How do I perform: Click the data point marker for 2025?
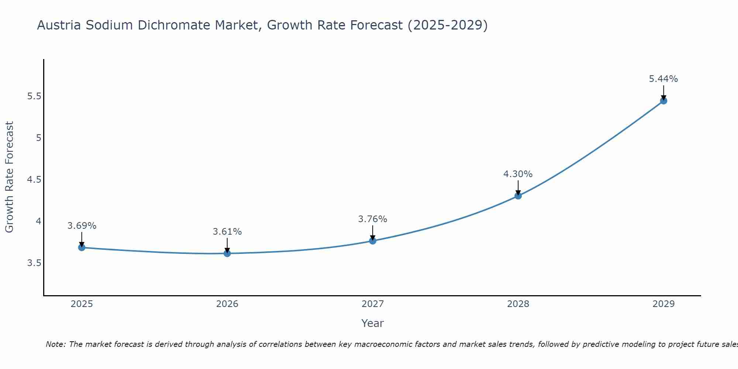coord(82,247)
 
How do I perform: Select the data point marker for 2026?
coord(227,253)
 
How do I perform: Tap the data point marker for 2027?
coord(373,241)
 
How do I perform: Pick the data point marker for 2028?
coord(518,196)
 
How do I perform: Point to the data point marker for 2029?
coord(663,101)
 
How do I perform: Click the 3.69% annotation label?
coord(82,226)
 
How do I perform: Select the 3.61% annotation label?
coord(227,232)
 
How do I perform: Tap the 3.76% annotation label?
coord(373,219)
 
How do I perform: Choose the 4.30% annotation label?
coord(518,174)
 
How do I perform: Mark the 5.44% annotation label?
coord(663,79)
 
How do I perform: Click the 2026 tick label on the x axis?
coord(227,304)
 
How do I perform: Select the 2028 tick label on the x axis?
coord(518,304)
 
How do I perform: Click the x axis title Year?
coord(373,323)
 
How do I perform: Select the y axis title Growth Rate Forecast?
coord(10,177)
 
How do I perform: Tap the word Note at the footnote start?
coord(55,344)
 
